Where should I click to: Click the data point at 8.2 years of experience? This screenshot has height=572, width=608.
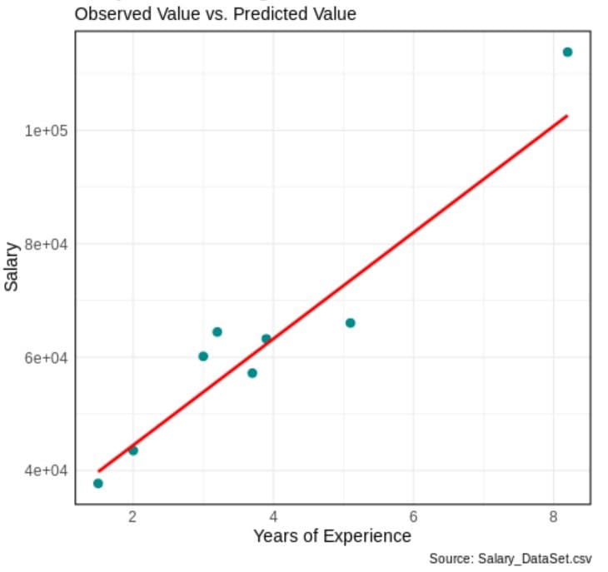tap(567, 52)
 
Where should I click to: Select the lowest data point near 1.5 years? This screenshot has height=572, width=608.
tap(98, 483)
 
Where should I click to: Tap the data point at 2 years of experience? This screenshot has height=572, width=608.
tap(133, 450)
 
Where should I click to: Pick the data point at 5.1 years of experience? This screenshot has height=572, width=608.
tap(350, 323)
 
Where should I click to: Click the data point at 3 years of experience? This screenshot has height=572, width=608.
tap(203, 356)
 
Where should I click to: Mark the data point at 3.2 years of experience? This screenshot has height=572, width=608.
tap(217, 332)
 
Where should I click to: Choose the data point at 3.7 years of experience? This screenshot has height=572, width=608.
tap(252, 373)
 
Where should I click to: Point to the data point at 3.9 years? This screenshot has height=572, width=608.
tap(267, 339)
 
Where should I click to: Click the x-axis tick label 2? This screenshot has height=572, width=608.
tap(133, 516)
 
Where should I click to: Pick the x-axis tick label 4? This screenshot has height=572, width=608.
tap(273, 516)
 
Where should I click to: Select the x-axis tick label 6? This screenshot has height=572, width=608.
tap(413, 516)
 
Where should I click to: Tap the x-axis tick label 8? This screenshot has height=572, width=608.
tap(554, 516)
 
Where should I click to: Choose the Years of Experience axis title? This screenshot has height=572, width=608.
tap(332, 535)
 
